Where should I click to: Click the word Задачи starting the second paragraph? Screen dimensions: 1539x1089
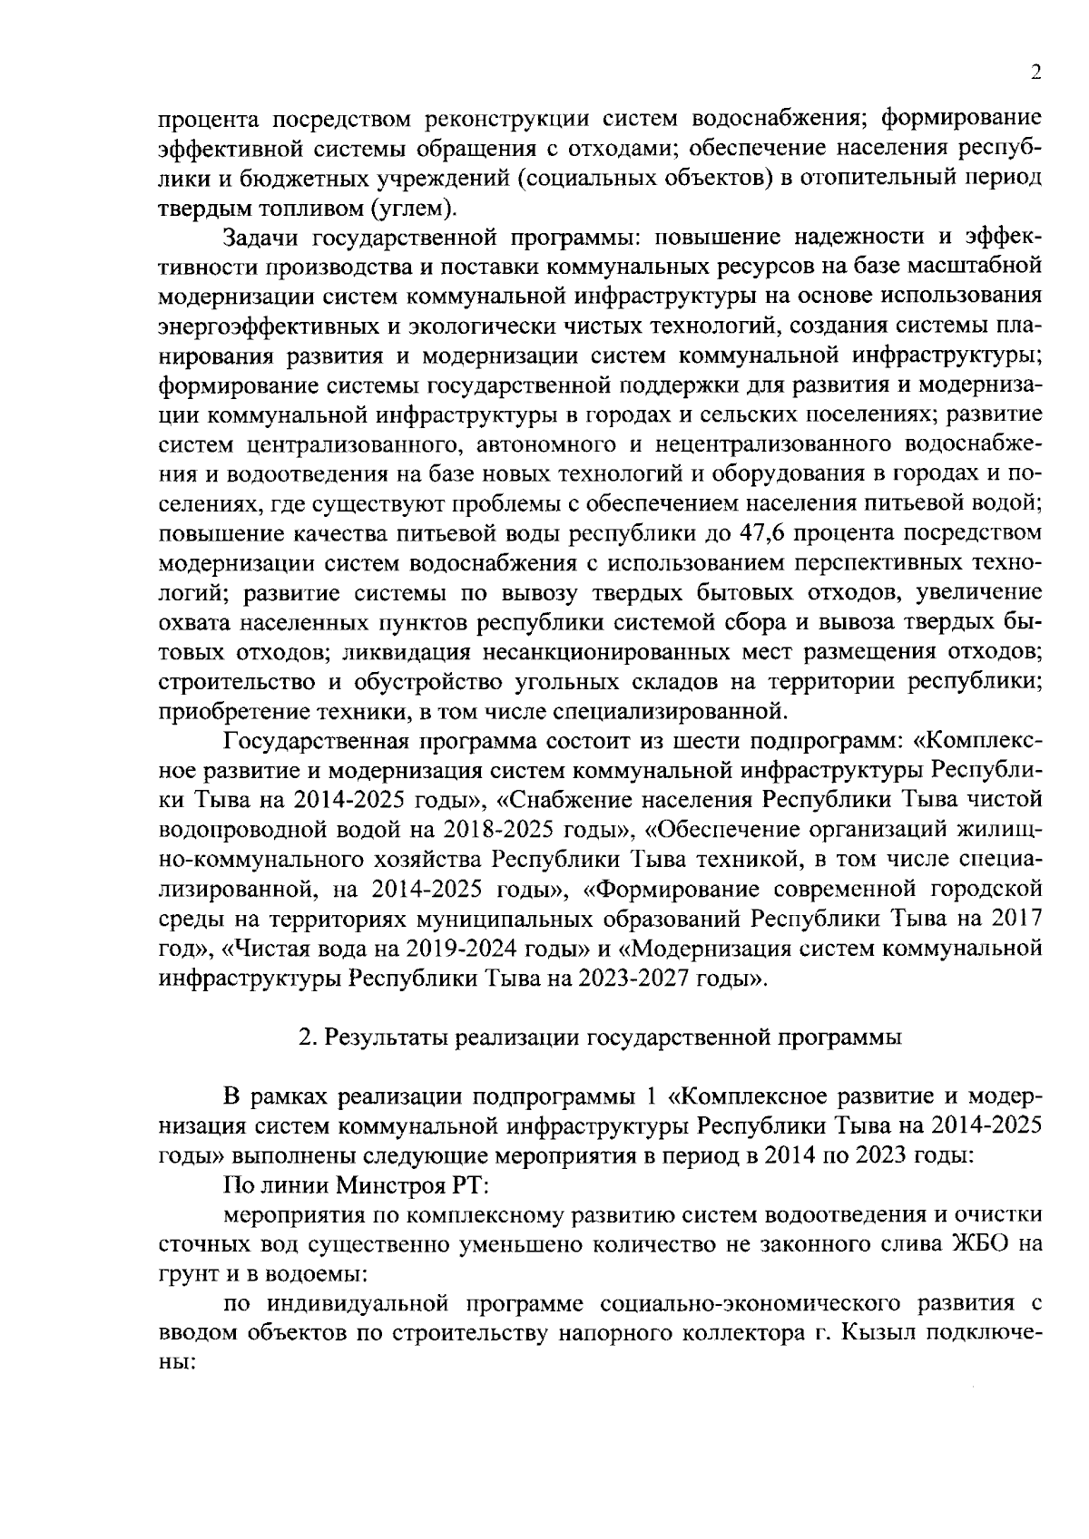point(263,238)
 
